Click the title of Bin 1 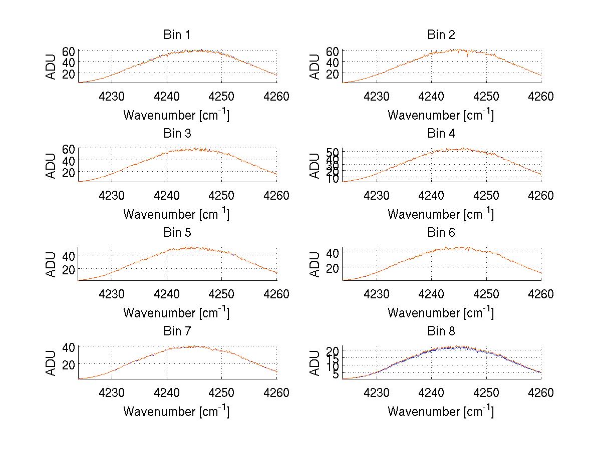(x=176, y=35)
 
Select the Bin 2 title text (x=441, y=35)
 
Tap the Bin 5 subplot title (x=176, y=233)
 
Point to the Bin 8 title (x=441, y=331)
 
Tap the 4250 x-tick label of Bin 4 (x=486, y=195)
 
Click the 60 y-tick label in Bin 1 (x=69, y=51)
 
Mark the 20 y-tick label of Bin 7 (x=69, y=363)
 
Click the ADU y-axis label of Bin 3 (x=52, y=165)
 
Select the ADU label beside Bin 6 (x=316, y=264)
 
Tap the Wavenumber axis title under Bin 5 (x=176, y=313)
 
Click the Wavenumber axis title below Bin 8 (x=441, y=411)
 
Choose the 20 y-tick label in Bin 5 (x=69, y=269)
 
